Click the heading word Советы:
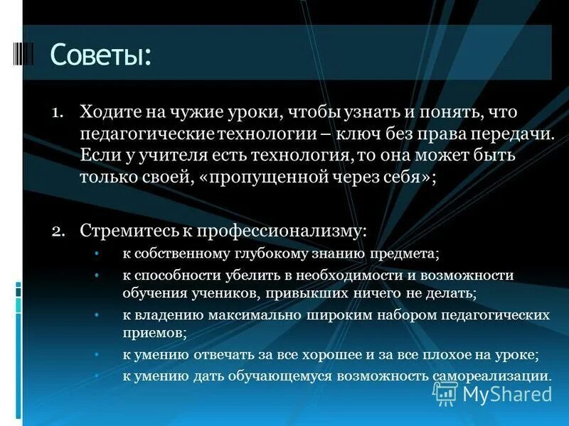click(101, 55)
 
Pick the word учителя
click(157, 155)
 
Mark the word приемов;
click(154, 331)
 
